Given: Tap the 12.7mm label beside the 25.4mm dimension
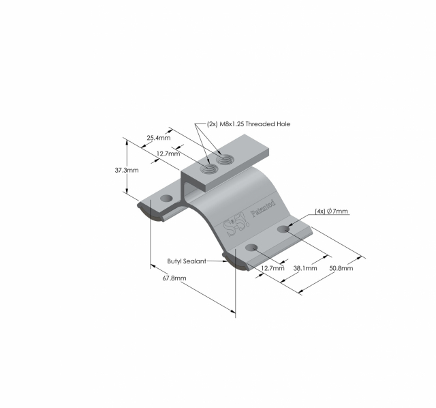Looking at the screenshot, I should pos(168,154).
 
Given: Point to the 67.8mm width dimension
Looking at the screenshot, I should pos(174,278).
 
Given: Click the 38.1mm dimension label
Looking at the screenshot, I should pos(305,269).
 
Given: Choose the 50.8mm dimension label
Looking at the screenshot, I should pos(341,269).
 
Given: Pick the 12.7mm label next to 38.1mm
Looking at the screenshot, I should pos(272,269).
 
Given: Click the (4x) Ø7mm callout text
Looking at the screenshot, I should pos(331,212).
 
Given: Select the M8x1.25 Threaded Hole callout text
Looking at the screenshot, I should pos(248,124).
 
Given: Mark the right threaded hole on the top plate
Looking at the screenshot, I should pos(224,161).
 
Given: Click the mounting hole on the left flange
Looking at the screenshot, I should pos(166,199).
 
